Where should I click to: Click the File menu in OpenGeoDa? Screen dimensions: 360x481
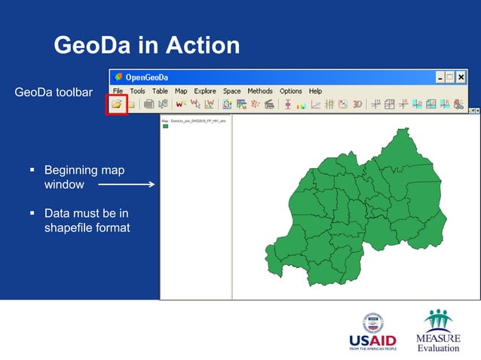pos(118,91)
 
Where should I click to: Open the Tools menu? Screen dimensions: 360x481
pos(137,91)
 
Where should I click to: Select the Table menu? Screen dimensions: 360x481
pos(160,91)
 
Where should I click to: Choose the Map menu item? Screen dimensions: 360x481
pos(181,91)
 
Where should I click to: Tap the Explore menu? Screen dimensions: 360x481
pos(205,91)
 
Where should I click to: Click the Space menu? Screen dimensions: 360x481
pos(231,91)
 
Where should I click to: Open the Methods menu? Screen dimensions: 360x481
pos(260,91)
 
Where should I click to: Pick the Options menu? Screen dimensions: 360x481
pos(291,91)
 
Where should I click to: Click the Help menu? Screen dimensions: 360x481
pos(315,91)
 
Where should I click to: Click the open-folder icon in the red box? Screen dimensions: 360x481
pos(117,105)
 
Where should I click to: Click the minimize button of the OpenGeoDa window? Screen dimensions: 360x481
pos(440,78)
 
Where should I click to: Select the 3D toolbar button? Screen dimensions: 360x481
pos(357,105)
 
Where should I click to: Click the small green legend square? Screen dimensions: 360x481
pos(165,127)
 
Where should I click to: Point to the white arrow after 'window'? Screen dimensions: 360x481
pos(126,184)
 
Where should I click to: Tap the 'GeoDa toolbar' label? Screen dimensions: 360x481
pos(54,93)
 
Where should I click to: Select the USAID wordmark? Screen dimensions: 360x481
pos(372,340)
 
